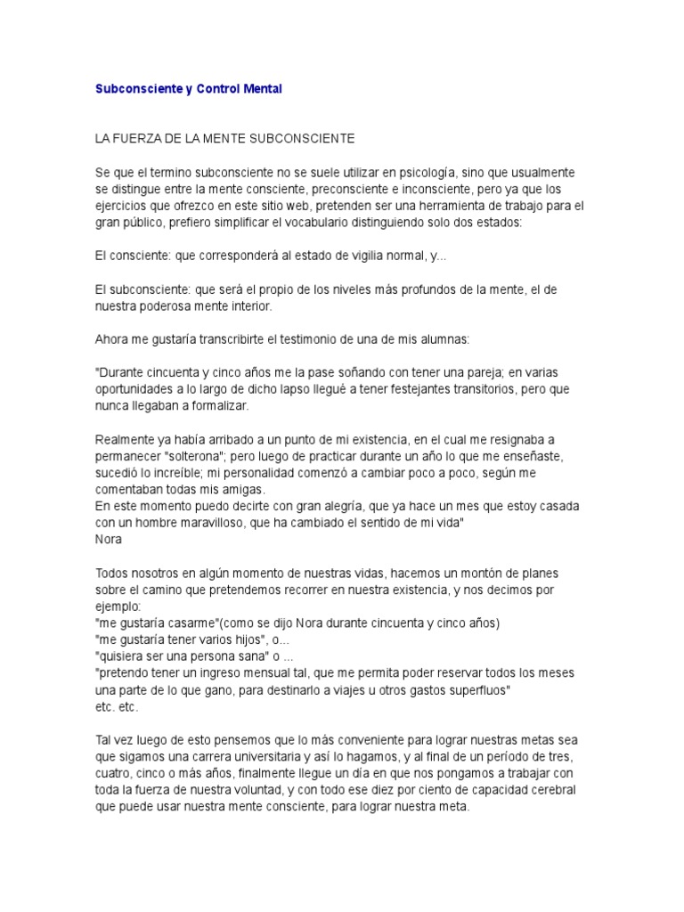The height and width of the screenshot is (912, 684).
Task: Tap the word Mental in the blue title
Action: tap(263, 90)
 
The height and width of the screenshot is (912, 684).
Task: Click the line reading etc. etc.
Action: tap(117, 705)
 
